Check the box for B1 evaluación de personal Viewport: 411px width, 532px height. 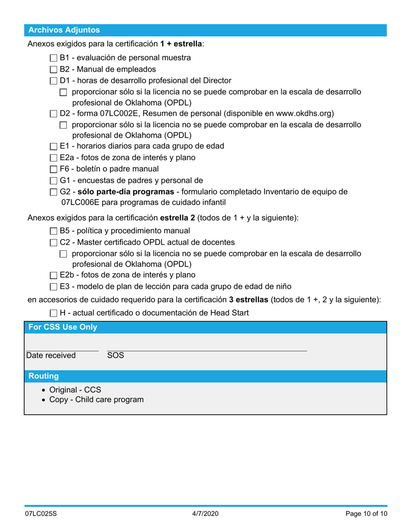click(x=53, y=58)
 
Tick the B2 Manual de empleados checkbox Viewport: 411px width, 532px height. click(x=53, y=69)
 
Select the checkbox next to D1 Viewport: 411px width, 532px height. click(x=53, y=81)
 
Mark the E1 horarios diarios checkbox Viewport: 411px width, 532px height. click(x=53, y=147)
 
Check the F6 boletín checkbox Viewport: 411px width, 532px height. click(x=53, y=169)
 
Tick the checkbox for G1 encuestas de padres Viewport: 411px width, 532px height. click(x=53, y=181)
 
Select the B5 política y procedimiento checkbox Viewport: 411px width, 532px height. click(x=53, y=231)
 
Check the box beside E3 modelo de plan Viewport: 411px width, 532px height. click(x=53, y=287)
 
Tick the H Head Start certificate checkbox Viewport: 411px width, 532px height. click(x=53, y=313)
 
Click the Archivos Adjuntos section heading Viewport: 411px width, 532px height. click(x=64, y=30)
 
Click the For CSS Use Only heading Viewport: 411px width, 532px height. click(x=63, y=327)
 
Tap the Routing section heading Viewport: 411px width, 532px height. click(x=43, y=376)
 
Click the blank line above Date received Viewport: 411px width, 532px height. click(x=62, y=347)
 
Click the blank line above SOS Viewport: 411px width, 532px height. click(x=207, y=347)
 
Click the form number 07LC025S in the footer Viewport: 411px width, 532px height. click(x=41, y=514)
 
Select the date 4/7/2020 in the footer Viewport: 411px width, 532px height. click(x=205, y=514)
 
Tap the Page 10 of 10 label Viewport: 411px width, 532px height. click(x=366, y=514)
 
